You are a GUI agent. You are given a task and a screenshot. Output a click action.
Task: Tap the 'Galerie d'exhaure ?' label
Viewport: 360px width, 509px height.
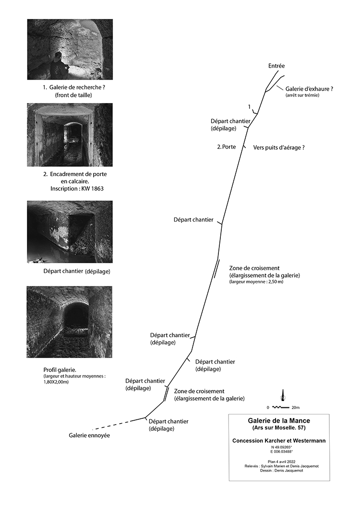click(309, 89)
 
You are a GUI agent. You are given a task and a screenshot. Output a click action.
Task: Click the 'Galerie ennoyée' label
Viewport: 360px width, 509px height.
click(89, 436)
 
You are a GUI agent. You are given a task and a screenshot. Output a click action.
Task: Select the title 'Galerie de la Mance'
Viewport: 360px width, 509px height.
click(278, 421)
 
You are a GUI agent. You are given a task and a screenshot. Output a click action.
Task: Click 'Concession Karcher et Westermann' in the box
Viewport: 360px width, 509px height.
click(279, 440)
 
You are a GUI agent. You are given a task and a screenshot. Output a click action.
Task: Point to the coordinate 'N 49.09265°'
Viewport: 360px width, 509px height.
click(279, 447)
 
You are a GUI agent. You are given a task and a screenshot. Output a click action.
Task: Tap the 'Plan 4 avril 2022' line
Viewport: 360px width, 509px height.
click(279, 461)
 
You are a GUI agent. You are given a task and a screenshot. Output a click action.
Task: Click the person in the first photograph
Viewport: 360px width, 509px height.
click(58, 66)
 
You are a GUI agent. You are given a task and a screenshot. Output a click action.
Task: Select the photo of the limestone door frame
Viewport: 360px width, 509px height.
click(70, 134)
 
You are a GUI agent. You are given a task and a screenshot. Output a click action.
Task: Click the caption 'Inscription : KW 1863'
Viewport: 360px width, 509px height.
click(77, 189)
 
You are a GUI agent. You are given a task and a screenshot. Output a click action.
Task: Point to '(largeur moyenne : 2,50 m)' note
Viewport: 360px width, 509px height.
click(257, 283)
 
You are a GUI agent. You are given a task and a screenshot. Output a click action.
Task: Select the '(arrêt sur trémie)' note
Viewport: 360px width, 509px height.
click(302, 95)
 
